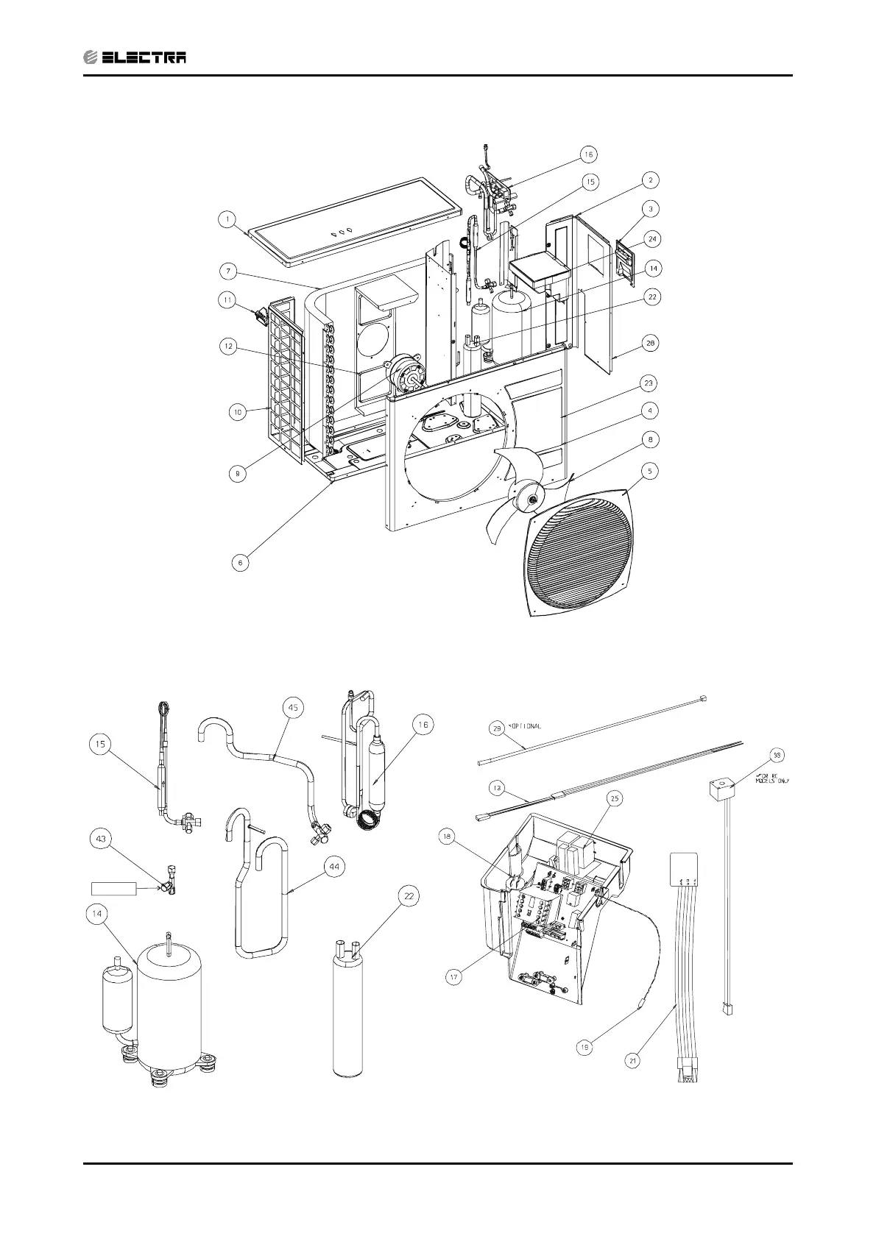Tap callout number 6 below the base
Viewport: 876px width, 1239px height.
[x=239, y=562]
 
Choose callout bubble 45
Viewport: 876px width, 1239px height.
[x=293, y=708]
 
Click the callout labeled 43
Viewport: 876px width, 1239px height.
[x=101, y=837]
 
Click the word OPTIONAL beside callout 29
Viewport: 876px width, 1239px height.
[x=525, y=726]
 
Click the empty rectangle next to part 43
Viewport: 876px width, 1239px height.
[x=114, y=888]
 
